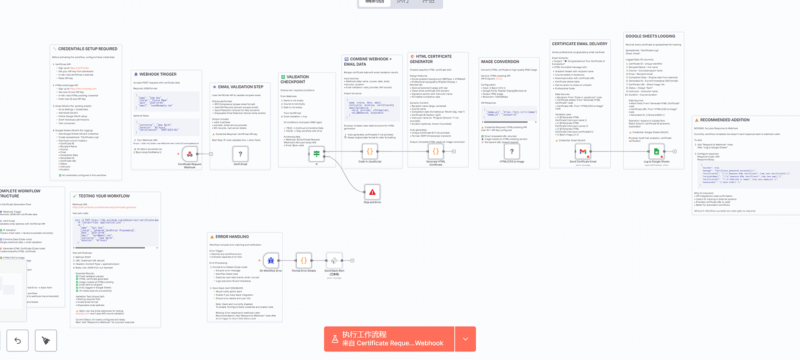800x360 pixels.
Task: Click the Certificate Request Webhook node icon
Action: pyautogui.click(x=190, y=154)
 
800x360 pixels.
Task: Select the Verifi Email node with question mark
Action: pyautogui.click(x=240, y=154)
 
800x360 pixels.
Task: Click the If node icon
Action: pyautogui.click(x=316, y=154)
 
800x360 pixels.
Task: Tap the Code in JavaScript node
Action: pyautogui.click(x=370, y=152)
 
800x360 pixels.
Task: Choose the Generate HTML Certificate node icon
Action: pyautogui.click(x=435, y=152)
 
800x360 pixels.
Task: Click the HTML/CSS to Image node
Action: pyautogui.click(x=512, y=151)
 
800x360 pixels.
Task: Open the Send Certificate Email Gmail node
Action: pyautogui.click(x=583, y=151)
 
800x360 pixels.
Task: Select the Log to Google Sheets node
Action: pyautogui.click(x=657, y=151)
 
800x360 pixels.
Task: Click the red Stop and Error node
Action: pyautogui.click(x=372, y=192)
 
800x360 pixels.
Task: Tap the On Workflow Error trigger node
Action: pyautogui.click(x=270, y=260)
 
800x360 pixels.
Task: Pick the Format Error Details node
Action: pyautogui.click(x=304, y=260)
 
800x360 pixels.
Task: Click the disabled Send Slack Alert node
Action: pyautogui.click(x=334, y=260)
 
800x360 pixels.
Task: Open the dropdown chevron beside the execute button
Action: pyautogui.click(x=465, y=339)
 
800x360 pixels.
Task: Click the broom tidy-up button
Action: pyautogui.click(x=46, y=340)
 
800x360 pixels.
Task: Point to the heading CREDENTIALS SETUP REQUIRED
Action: pyautogui.click(x=88, y=49)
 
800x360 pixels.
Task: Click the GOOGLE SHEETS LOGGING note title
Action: pyautogui.click(x=650, y=36)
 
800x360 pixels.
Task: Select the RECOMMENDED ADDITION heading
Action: pyautogui.click(x=724, y=120)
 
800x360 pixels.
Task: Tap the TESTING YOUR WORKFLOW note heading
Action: pyautogui.click(x=104, y=196)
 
